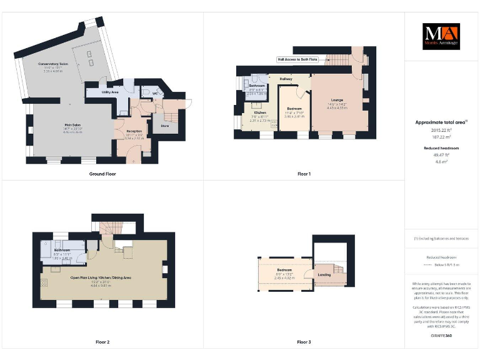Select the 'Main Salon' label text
click(x=74, y=126)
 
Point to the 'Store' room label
click(x=165, y=126)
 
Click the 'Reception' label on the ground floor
click(x=135, y=131)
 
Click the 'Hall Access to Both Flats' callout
click(x=297, y=59)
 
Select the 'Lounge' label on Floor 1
click(x=337, y=100)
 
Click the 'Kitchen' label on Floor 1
click(x=260, y=112)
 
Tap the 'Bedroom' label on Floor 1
click(x=294, y=109)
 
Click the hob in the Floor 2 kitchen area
click(x=44, y=282)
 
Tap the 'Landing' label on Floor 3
click(x=325, y=274)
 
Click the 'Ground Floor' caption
click(x=102, y=174)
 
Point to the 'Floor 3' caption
click(x=304, y=342)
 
